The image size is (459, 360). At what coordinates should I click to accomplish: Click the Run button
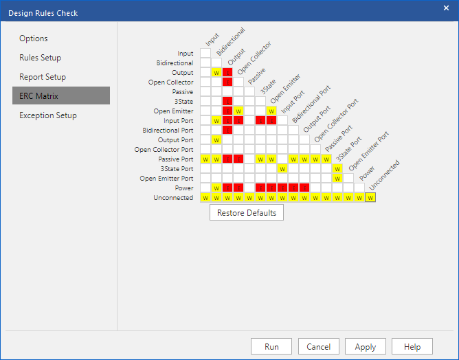pyautogui.click(x=271, y=346)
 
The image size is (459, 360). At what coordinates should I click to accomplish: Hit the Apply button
pyautogui.click(x=366, y=346)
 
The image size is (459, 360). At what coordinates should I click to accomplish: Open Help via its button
pyautogui.click(x=412, y=346)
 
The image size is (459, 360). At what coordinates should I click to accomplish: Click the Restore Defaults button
pyautogui.click(x=247, y=212)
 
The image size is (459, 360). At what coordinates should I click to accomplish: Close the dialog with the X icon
pyautogui.click(x=446, y=8)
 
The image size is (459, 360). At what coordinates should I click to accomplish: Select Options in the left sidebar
pyautogui.click(x=34, y=38)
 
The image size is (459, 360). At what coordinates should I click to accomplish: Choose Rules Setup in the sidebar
pyautogui.click(x=40, y=58)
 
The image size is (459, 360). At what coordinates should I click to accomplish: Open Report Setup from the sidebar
pyautogui.click(x=43, y=77)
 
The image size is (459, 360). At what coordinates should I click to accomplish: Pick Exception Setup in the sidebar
pyautogui.click(x=48, y=115)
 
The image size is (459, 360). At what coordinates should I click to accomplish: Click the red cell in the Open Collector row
pyautogui.click(x=227, y=82)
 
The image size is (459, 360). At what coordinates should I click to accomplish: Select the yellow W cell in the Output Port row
pyautogui.click(x=216, y=140)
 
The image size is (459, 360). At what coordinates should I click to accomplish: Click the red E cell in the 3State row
pyautogui.click(x=227, y=101)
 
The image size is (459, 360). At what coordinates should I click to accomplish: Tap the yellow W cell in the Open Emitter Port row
pyautogui.click(x=337, y=178)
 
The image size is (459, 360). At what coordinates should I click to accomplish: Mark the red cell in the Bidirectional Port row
pyautogui.click(x=227, y=131)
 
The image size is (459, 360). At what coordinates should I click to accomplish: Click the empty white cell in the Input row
pyautogui.click(x=205, y=53)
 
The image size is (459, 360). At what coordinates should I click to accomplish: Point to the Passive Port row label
pyautogui.click(x=176, y=159)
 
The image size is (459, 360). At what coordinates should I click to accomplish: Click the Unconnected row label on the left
pyautogui.click(x=173, y=198)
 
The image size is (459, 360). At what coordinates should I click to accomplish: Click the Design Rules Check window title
pyautogui.click(x=43, y=13)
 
